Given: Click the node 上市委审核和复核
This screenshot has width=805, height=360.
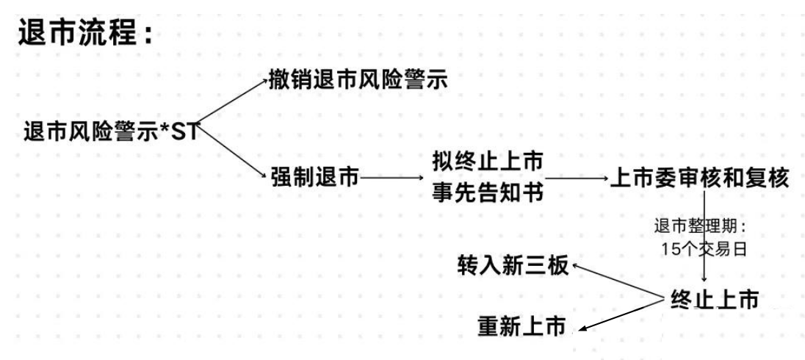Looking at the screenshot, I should click(x=699, y=179).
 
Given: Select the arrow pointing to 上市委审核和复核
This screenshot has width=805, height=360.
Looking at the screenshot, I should click(x=577, y=179).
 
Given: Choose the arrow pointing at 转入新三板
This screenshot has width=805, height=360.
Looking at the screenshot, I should click(x=617, y=281).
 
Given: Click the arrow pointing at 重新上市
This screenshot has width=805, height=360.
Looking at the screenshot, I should click(x=621, y=316).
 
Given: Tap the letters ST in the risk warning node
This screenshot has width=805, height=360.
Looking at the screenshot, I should click(x=187, y=133).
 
